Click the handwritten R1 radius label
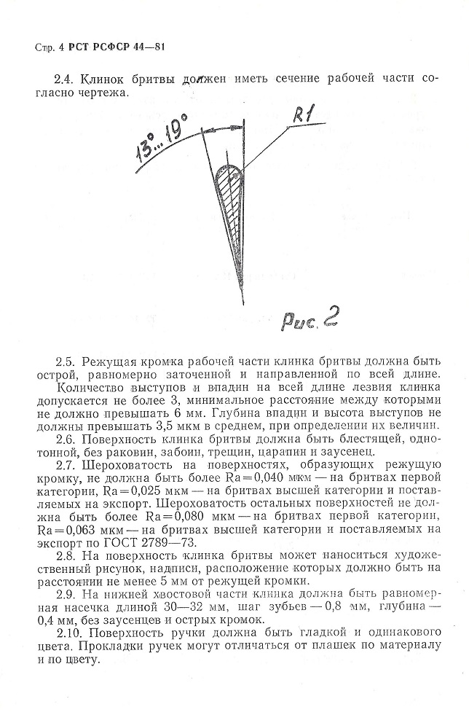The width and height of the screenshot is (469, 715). (301, 117)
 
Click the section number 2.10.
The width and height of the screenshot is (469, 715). (69, 633)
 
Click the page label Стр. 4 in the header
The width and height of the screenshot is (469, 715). (48, 48)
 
